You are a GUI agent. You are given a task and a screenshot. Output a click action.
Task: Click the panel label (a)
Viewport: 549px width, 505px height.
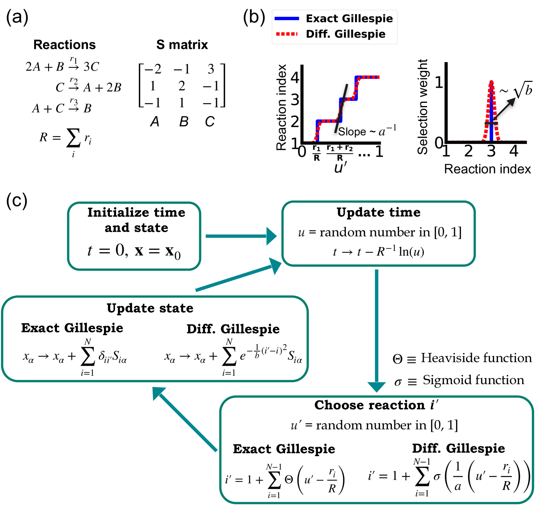click(x=17, y=18)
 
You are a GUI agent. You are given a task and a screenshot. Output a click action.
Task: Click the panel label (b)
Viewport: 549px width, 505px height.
click(x=254, y=18)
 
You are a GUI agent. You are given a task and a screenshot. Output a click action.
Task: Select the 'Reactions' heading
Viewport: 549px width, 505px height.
click(x=65, y=45)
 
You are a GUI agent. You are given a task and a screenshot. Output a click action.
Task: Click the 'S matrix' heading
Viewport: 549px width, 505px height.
click(x=182, y=45)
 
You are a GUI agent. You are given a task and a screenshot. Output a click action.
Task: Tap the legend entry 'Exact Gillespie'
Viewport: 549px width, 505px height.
click(x=349, y=19)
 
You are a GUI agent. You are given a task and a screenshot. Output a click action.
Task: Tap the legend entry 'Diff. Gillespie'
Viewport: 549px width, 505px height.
click(x=345, y=34)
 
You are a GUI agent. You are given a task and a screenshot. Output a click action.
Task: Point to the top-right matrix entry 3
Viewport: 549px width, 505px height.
click(x=211, y=69)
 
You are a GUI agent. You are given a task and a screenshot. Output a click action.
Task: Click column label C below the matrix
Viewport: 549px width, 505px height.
click(x=210, y=122)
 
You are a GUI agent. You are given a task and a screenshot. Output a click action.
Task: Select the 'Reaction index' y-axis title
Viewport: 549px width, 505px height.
click(x=281, y=108)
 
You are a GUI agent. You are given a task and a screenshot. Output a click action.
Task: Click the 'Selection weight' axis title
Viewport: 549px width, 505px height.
click(x=423, y=107)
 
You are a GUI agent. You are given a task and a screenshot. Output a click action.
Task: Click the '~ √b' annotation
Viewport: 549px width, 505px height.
click(x=516, y=90)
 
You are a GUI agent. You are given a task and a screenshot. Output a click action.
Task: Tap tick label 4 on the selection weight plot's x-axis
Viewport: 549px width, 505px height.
click(x=514, y=151)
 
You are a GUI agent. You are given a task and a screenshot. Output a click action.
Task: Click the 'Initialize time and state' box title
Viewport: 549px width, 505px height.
click(x=136, y=220)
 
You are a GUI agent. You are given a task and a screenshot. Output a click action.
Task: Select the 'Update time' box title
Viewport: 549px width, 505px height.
click(x=379, y=212)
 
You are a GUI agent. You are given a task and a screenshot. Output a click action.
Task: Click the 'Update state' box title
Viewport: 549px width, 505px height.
click(x=150, y=308)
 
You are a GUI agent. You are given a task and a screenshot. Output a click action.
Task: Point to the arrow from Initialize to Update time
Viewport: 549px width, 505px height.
click(x=241, y=236)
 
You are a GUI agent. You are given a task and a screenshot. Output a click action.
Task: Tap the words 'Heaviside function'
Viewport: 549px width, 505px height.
click(x=476, y=358)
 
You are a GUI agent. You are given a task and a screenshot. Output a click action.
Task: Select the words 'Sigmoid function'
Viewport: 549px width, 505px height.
click(x=473, y=380)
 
